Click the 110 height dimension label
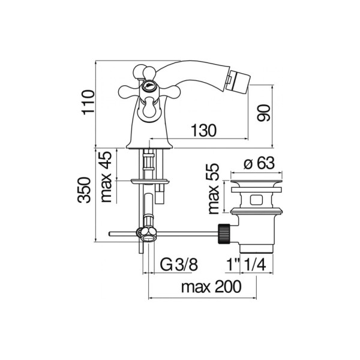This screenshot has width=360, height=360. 88,103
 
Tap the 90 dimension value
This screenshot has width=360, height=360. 263,113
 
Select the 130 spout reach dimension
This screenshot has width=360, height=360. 204,130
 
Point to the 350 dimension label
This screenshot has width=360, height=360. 84,190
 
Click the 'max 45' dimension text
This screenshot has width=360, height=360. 106,177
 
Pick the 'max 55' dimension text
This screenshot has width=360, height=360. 213,189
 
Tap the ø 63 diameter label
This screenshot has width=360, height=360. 259,163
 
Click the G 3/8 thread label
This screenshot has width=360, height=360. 179,265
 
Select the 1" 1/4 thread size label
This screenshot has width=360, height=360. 246,265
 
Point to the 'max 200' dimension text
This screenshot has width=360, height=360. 211,287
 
